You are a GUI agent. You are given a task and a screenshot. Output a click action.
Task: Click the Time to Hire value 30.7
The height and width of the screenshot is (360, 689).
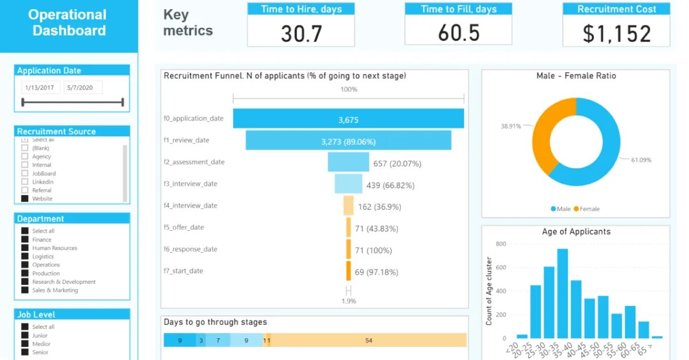[301, 33]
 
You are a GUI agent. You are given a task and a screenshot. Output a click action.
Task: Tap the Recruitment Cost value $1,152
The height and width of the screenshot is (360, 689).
[617, 33]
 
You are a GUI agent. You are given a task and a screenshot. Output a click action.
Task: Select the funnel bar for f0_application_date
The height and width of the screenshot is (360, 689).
[348, 119]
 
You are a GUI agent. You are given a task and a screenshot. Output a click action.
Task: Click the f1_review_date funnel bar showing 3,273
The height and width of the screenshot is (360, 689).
[348, 141]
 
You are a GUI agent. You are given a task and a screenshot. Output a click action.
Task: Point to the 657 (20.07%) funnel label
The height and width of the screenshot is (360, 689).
[397, 163]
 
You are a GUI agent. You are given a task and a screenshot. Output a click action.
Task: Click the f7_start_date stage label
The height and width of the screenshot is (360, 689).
[183, 271]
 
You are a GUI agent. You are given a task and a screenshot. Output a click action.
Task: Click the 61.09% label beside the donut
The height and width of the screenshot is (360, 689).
[641, 160]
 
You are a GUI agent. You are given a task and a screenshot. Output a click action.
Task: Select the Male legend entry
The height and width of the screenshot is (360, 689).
[560, 209]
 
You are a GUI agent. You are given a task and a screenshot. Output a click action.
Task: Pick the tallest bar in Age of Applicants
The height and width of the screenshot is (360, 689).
[563, 293]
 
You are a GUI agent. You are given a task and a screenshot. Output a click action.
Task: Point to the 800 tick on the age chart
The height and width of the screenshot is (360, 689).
[501, 244]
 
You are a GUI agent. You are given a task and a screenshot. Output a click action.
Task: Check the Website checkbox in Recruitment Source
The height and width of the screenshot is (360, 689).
[25, 199]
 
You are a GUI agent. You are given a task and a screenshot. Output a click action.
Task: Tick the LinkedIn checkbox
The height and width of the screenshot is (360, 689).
[25, 182]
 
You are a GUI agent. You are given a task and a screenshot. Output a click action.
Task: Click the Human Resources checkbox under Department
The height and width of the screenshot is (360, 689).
[25, 248]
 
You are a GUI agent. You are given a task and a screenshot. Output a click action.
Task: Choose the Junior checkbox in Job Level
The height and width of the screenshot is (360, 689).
[25, 335]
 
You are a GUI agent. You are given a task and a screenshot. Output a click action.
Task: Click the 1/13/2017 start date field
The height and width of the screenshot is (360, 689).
[40, 87]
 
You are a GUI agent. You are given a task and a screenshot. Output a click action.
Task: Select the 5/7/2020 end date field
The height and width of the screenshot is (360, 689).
[83, 87]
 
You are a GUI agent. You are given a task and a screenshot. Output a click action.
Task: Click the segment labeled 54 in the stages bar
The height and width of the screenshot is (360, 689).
[369, 340]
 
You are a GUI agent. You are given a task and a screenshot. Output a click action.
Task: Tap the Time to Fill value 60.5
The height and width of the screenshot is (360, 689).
[458, 33]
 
